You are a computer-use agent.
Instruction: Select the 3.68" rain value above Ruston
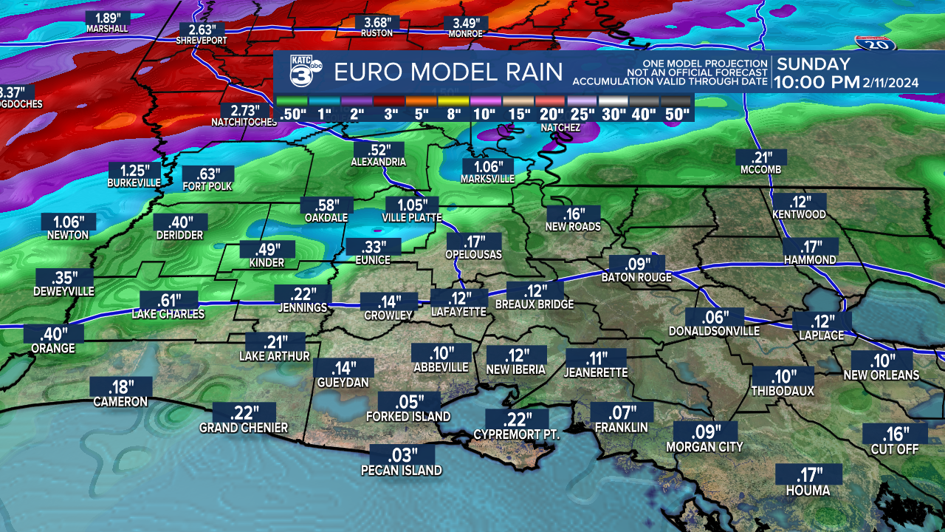click(x=377, y=23)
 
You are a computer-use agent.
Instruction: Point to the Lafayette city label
click(x=458, y=313)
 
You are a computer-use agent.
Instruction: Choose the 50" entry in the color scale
click(x=676, y=114)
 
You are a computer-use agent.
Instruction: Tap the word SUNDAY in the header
click(x=814, y=64)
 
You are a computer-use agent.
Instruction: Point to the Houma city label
click(x=808, y=491)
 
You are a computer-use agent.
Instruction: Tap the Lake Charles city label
click(x=168, y=314)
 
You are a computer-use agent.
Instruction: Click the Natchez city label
click(x=560, y=128)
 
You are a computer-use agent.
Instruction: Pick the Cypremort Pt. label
click(x=517, y=434)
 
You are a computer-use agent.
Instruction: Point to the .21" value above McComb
click(x=760, y=157)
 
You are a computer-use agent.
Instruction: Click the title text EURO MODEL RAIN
click(x=448, y=72)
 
